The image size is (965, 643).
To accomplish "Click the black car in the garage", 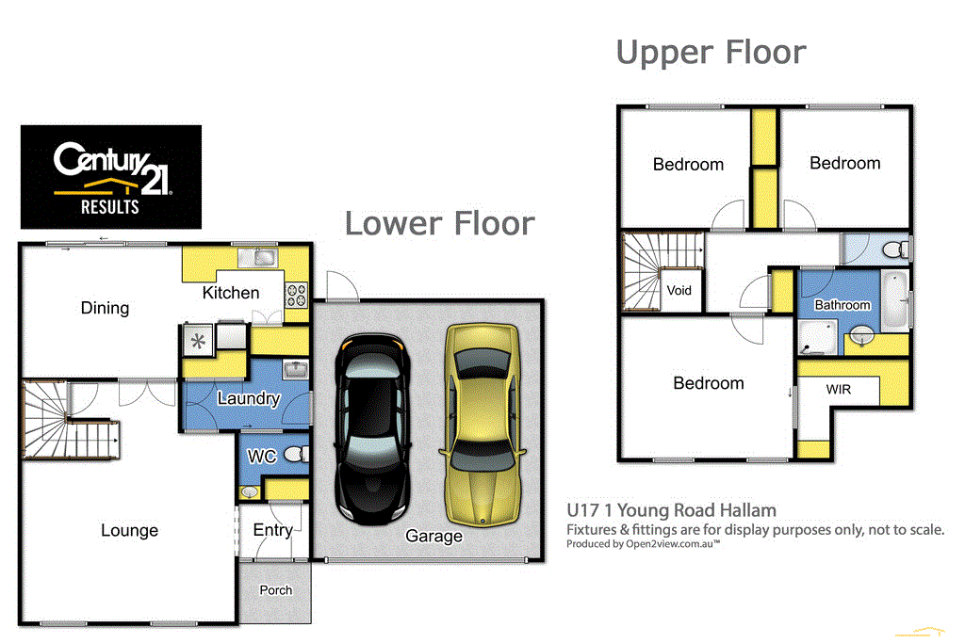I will click(375, 428).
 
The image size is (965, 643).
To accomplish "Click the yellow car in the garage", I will click(482, 424).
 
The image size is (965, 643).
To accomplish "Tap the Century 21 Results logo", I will click(111, 177).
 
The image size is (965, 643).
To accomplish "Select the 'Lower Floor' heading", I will click(439, 223).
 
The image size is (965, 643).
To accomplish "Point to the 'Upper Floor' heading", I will click(711, 52).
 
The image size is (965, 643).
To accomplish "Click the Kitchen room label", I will click(231, 293).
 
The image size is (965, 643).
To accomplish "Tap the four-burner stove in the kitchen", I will click(297, 295).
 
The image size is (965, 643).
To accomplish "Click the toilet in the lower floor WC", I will click(294, 456).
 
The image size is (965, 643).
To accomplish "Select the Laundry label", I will click(248, 398).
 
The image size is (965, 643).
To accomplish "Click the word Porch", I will click(275, 590).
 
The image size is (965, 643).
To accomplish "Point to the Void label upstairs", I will click(679, 290).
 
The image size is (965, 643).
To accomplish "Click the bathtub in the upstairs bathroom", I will click(895, 299).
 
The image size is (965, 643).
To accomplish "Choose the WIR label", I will click(838, 389).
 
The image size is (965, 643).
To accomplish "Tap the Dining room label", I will click(105, 308).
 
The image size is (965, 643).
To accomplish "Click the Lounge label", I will click(129, 530).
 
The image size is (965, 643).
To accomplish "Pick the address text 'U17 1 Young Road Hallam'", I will click(671, 510).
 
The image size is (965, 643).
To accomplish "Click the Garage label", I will click(433, 536).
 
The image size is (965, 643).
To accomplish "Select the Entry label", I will click(272, 530).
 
